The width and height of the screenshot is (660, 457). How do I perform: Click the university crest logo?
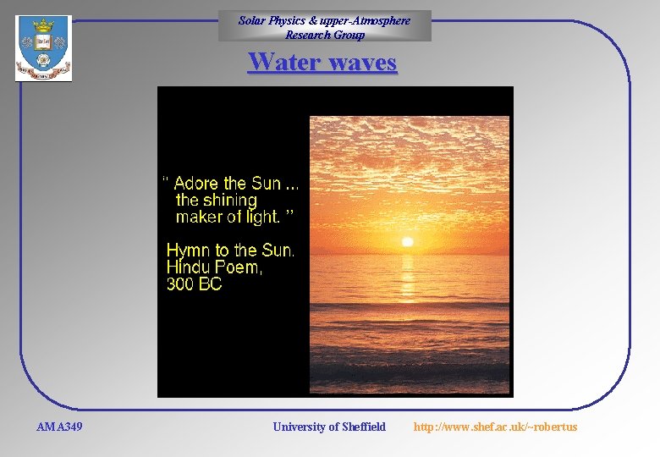click(43, 48)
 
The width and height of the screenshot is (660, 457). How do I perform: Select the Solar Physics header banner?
click(324, 25)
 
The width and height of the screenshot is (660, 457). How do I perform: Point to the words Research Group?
click(324, 35)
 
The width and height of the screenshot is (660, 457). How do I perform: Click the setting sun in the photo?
click(407, 242)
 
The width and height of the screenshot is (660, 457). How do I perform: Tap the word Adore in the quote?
click(196, 184)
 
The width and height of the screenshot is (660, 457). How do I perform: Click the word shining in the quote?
click(228, 201)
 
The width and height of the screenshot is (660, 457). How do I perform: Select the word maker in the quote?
click(197, 217)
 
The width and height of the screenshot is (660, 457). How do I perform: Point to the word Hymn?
click(188, 251)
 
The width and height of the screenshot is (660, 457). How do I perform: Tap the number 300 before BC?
click(181, 284)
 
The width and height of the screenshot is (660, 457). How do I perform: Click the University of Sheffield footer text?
click(328, 427)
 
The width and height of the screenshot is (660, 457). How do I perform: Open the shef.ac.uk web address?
click(494, 427)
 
